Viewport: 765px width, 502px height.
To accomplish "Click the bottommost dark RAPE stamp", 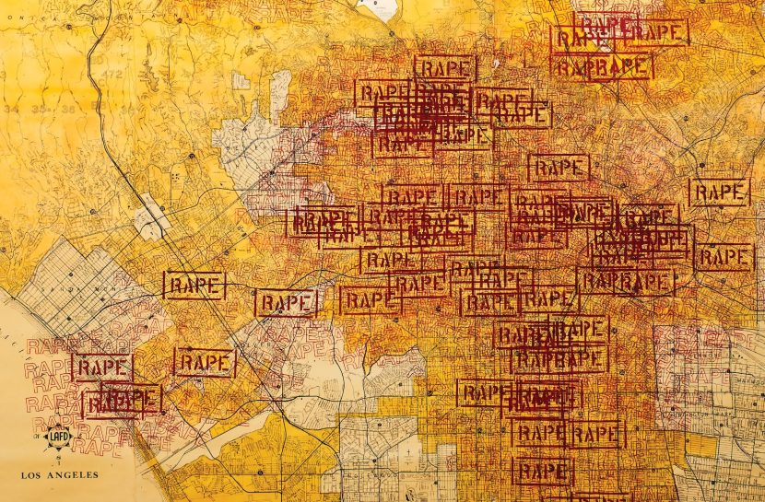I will click(x=543, y=472).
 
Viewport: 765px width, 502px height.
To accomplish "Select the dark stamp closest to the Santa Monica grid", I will click(x=194, y=286).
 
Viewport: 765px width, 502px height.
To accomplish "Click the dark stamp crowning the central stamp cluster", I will click(x=444, y=67).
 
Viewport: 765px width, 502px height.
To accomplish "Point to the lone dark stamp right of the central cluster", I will click(x=559, y=167).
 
